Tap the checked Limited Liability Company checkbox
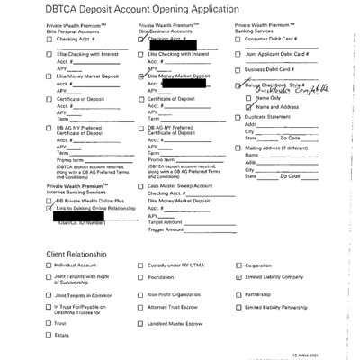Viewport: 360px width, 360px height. coord(238,280)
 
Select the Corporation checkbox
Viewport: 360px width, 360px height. coord(238,266)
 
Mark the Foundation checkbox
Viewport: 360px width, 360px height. coord(141,280)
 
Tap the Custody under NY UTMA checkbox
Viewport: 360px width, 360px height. coord(141,266)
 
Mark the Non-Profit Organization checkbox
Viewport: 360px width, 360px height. coord(141,294)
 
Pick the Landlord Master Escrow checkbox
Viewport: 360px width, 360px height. coord(141,321)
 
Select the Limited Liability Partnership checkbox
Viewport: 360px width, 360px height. coord(238,308)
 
